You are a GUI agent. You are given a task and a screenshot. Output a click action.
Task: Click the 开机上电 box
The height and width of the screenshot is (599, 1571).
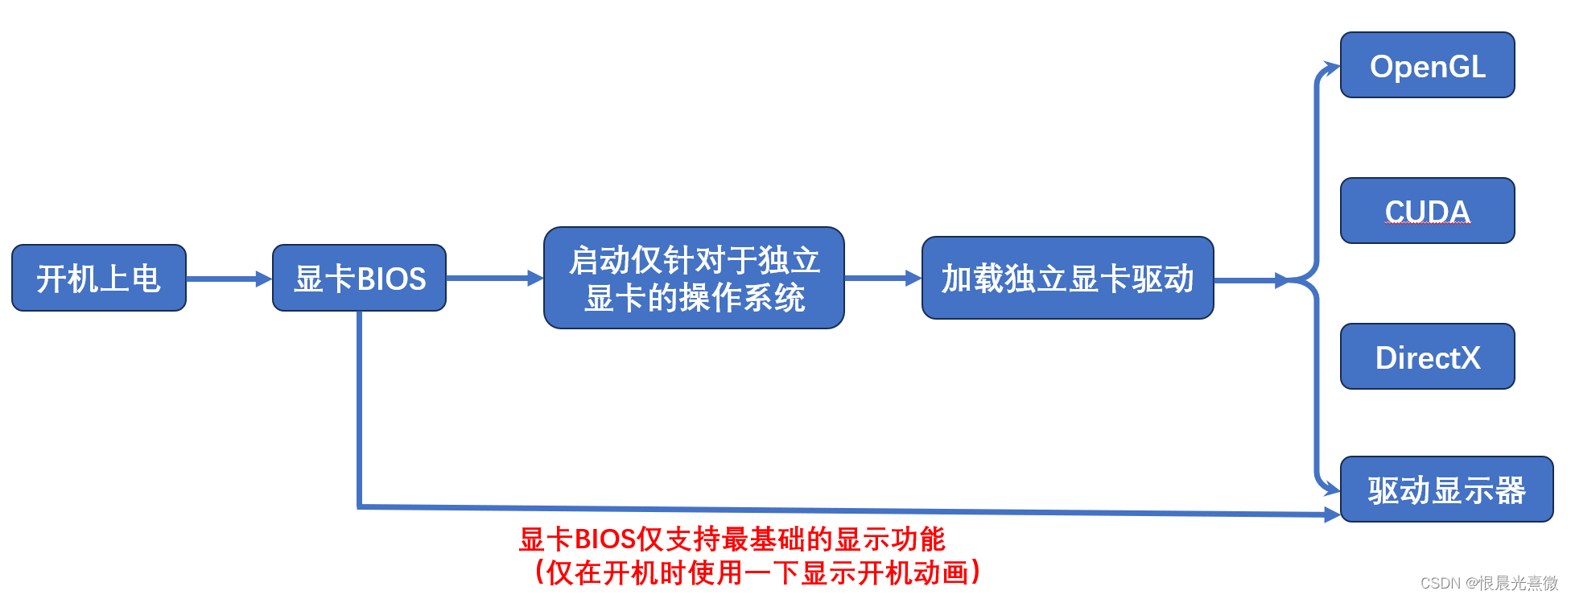click(x=99, y=279)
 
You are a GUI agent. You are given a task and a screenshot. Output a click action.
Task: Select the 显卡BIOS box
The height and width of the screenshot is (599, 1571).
click(x=359, y=279)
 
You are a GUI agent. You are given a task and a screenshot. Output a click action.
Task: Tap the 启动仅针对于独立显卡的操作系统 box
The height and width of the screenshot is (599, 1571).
click(x=694, y=279)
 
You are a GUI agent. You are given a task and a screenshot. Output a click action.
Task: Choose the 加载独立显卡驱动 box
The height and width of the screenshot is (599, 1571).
click(x=1067, y=279)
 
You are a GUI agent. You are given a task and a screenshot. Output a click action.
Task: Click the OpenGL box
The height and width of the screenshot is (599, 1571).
click(x=1427, y=66)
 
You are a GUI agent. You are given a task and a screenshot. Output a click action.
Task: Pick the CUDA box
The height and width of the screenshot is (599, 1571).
click(x=1427, y=211)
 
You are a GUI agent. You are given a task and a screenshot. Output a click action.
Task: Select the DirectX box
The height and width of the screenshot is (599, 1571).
click(x=1427, y=357)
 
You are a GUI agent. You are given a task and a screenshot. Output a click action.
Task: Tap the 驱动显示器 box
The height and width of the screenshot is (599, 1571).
click(x=1446, y=490)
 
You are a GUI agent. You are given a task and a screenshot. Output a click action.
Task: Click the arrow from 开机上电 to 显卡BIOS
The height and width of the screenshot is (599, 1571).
click(x=229, y=279)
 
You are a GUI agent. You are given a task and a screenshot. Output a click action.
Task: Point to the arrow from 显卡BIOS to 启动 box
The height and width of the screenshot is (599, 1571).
click(x=494, y=279)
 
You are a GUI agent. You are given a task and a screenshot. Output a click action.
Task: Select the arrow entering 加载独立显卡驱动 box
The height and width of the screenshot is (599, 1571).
click(x=882, y=279)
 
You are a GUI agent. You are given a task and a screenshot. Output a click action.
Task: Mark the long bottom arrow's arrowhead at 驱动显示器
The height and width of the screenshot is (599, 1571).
click(x=1332, y=514)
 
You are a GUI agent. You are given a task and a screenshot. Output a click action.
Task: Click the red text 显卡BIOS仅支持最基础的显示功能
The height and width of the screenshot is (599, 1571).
click(x=732, y=539)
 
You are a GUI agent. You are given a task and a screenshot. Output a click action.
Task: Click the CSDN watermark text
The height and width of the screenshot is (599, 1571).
click(x=1488, y=583)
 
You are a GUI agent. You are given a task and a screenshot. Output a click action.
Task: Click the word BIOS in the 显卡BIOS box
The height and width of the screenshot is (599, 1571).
click(x=391, y=279)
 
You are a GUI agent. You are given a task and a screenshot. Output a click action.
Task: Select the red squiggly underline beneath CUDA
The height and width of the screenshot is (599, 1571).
click(x=1428, y=225)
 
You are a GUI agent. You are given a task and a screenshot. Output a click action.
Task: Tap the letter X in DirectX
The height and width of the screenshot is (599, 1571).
click(x=1469, y=357)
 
